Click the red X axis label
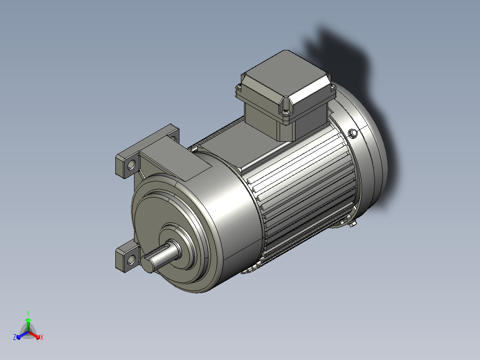click(x=42, y=337)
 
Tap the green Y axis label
click(x=28, y=313)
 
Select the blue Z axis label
click(x=15, y=337)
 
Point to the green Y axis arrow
click(x=28, y=324)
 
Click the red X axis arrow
click(x=34, y=335)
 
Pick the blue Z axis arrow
click(x=22, y=335)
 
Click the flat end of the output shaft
click(x=147, y=265)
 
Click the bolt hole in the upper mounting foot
click(x=131, y=165)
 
